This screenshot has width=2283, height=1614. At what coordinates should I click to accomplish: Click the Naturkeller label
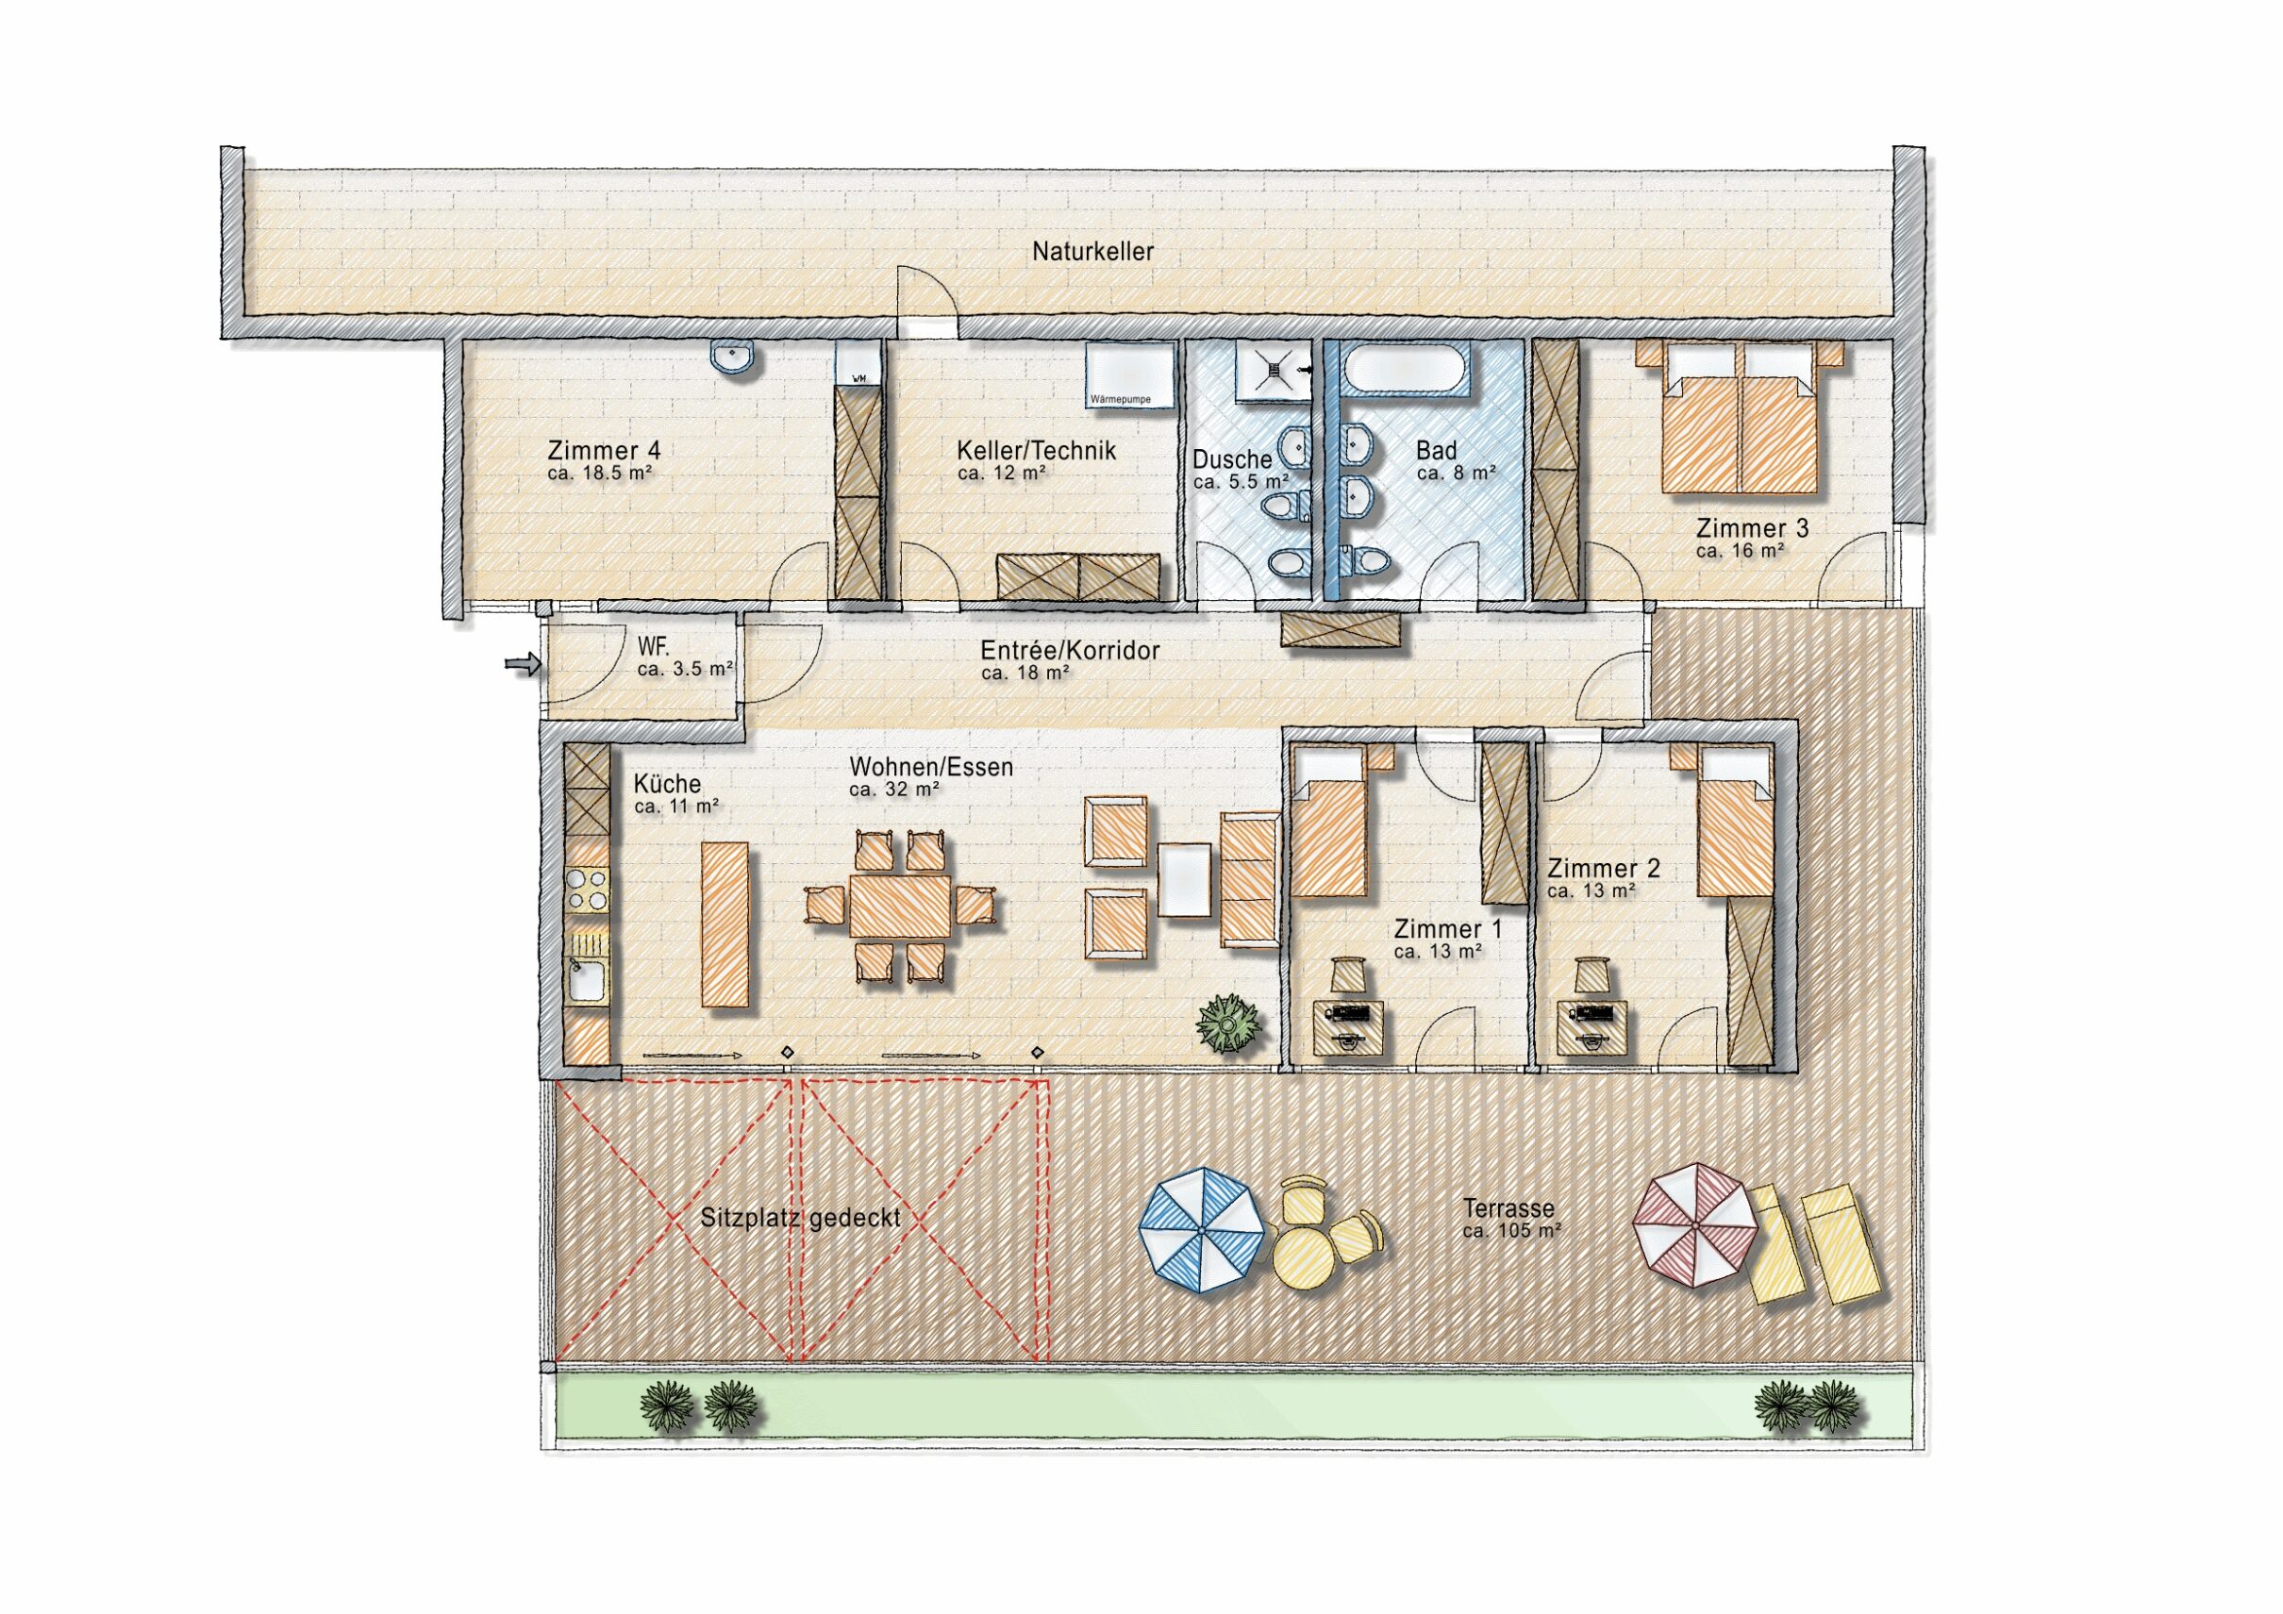(1092, 252)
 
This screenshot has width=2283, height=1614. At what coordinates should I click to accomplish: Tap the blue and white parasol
(1201, 1231)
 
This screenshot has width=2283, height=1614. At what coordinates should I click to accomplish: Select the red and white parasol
(1694, 1225)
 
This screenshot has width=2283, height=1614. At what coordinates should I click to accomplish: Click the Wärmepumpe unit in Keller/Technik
(1129, 374)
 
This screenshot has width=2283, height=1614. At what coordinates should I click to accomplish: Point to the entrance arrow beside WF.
(522, 663)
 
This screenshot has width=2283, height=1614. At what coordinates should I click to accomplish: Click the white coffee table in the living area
(1184, 879)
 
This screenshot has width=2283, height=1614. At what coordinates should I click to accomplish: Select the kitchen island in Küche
(725, 924)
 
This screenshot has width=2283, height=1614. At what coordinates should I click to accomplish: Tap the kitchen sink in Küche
(586, 979)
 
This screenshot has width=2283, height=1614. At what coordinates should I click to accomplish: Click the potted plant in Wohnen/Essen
(1230, 1023)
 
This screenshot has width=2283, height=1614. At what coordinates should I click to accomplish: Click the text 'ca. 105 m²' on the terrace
(1511, 1231)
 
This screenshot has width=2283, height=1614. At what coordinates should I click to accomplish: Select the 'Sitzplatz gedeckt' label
(800, 1218)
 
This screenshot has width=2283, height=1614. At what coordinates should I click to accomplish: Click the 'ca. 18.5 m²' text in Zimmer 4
(600, 474)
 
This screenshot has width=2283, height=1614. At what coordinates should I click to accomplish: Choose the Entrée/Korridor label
(1070, 650)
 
